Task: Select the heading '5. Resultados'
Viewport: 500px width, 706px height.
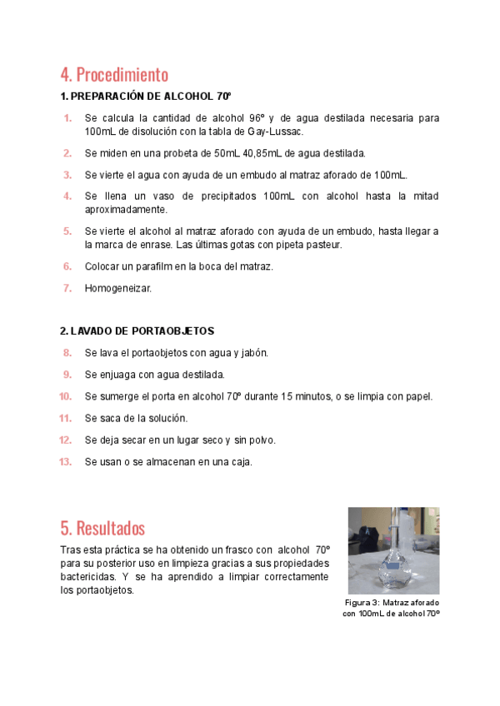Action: (x=102, y=528)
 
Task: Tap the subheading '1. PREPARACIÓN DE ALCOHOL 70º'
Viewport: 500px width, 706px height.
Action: (x=145, y=96)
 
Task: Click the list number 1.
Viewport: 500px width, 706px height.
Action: (x=67, y=118)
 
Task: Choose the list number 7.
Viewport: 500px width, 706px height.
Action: (x=67, y=288)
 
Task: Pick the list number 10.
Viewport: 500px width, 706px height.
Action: (x=66, y=396)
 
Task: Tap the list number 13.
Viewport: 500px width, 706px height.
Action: (x=66, y=461)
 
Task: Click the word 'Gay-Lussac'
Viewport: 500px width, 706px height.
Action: (x=276, y=132)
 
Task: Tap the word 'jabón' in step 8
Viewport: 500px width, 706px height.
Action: (x=253, y=353)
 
